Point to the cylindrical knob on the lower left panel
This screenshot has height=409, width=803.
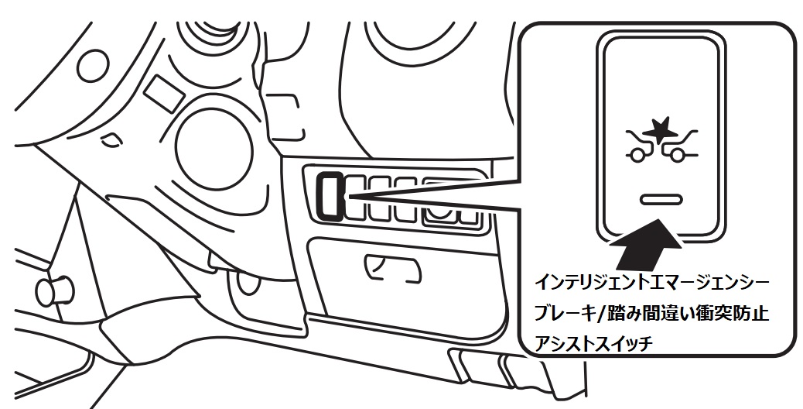click(x=48, y=291)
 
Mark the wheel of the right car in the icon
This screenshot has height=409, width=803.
click(x=678, y=156)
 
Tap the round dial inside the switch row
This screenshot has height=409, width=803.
click(x=441, y=203)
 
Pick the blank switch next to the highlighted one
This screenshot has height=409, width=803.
click(x=357, y=195)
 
